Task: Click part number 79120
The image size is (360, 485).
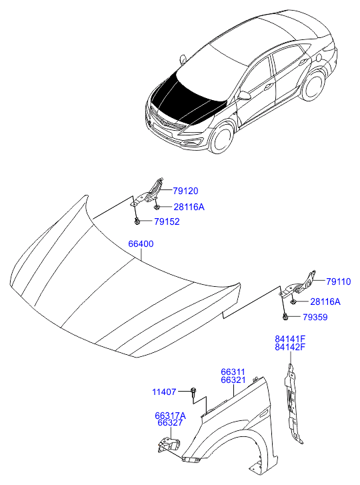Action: [185, 191]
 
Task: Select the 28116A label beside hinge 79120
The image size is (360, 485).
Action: [189, 207]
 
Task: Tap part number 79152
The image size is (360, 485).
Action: [167, 221]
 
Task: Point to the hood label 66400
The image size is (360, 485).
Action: [141, 244]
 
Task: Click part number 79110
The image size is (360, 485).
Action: [339, 282]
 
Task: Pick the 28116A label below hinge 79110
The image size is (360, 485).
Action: [325, 302]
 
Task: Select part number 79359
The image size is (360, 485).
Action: [315, 318]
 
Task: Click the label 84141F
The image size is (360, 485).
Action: [290, 339]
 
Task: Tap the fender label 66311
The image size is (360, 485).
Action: [233, 372]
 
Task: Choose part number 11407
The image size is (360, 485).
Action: [164, 392]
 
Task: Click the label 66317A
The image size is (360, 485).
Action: [170, 416]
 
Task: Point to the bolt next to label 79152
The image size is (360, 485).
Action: [137, 221]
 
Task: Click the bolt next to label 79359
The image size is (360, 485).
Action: [285, 317]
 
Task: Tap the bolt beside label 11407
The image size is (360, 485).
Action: [193, 392]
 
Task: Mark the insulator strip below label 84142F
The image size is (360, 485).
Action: [292, 405]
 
